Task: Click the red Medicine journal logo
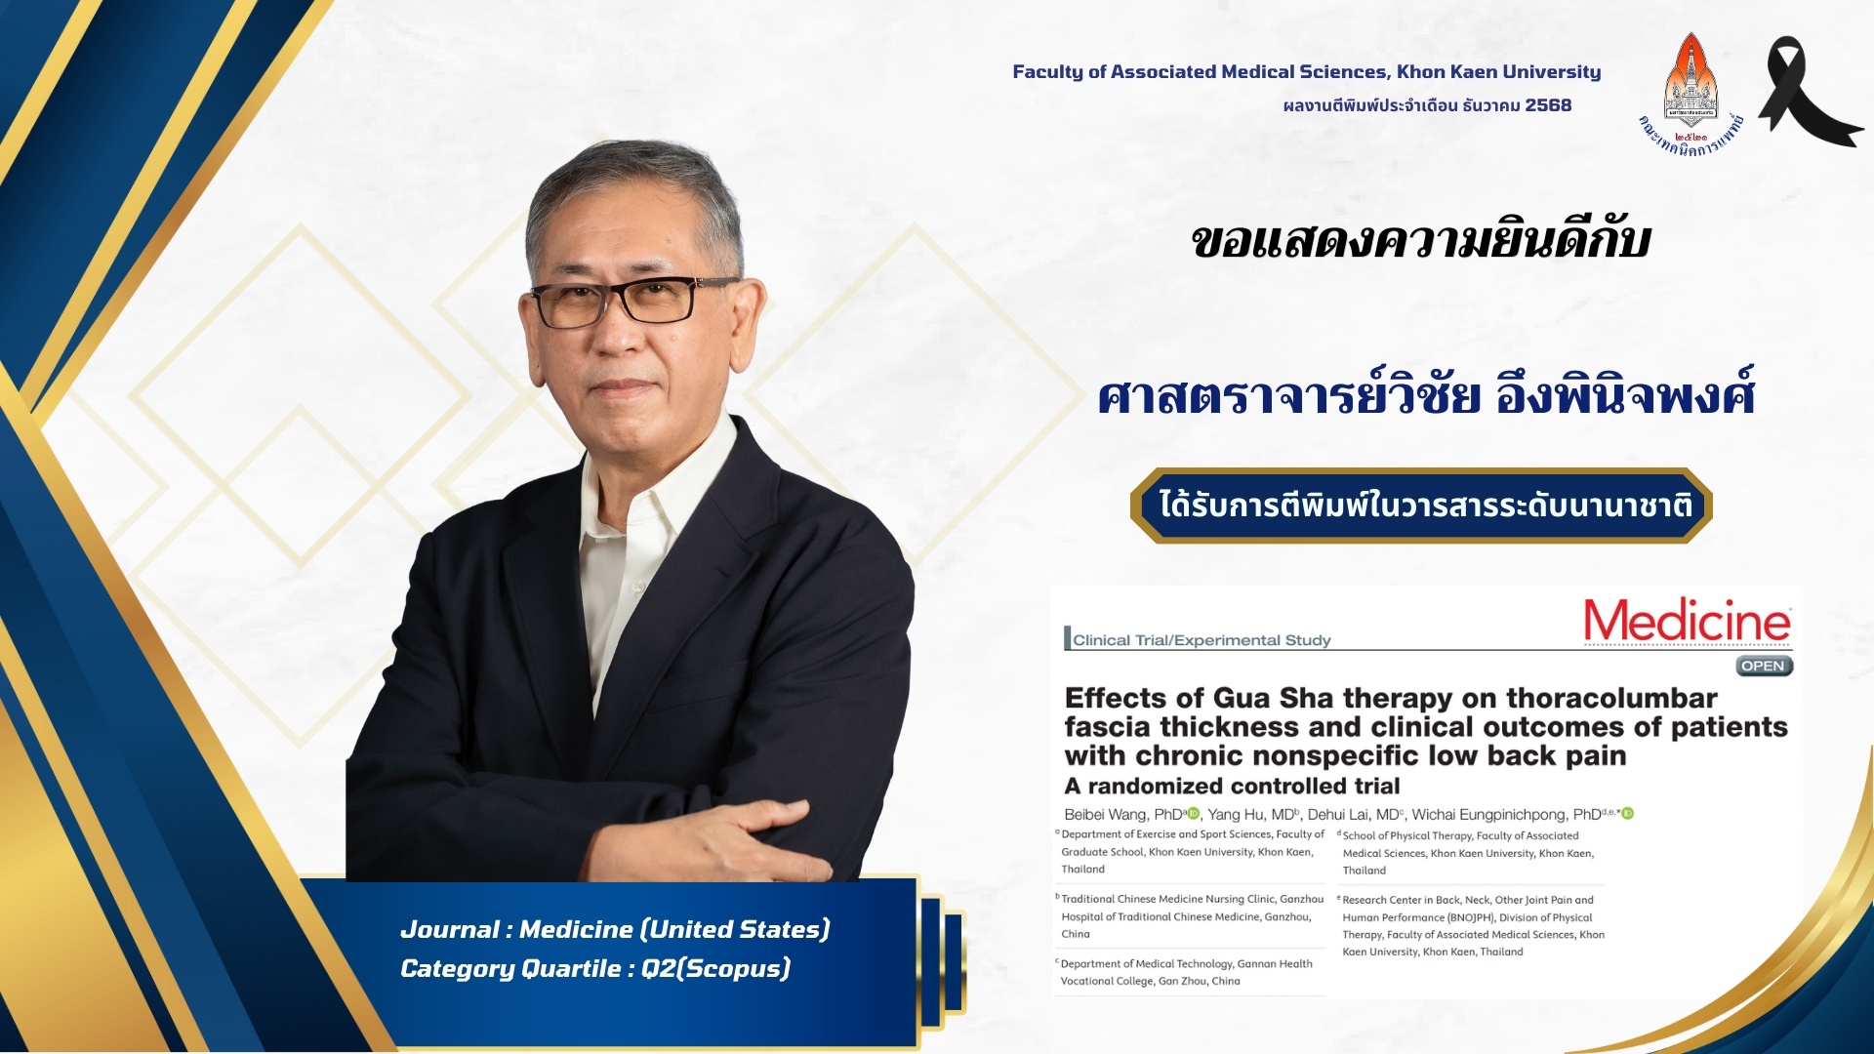[1688, 621]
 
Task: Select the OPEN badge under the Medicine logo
[1765, 666]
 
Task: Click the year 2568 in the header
[1548, 105]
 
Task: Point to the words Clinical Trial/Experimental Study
[1202, 640]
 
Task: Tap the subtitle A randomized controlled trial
[1232, 786]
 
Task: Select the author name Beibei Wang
[1107, 814]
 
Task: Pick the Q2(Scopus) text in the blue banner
[715, 968]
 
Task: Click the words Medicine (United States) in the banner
[674, 929]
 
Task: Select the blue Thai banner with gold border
[1421, 506]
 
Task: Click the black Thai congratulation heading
[1421, 241]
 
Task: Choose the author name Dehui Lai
[1338, 814]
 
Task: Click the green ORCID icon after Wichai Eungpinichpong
[1627, 813]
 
